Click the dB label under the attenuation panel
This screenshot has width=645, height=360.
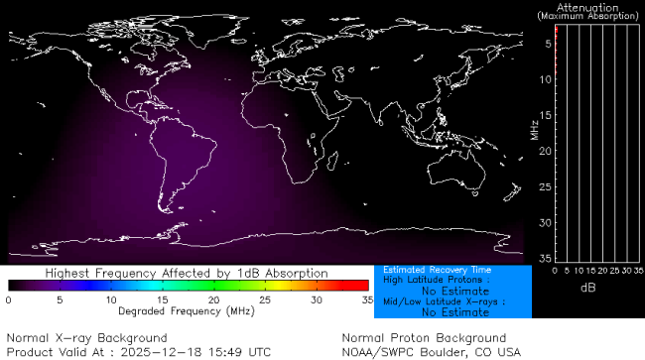[587, 288]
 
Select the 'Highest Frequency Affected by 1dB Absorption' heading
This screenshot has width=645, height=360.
[188, 273]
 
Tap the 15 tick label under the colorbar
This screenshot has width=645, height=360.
[162, 299]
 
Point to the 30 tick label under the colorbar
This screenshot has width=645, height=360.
[317, 299]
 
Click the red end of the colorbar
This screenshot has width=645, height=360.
[363, 286]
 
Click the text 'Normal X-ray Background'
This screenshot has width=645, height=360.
[86, 338]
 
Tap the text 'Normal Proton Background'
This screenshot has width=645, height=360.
[424, 338]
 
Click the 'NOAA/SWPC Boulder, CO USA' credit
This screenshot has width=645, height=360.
[431, 352]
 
